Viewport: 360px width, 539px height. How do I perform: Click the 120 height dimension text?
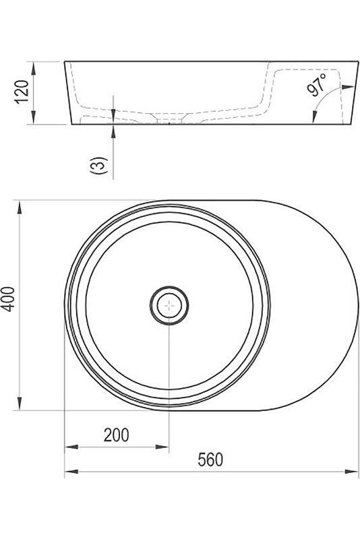(22, 93)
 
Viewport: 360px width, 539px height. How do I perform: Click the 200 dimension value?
(116, 435)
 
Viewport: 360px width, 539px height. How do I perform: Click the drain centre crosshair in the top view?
(169, 305)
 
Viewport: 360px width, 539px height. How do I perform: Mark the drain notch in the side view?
(169, 123)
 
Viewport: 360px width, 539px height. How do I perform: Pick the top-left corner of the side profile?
(65, 62)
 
